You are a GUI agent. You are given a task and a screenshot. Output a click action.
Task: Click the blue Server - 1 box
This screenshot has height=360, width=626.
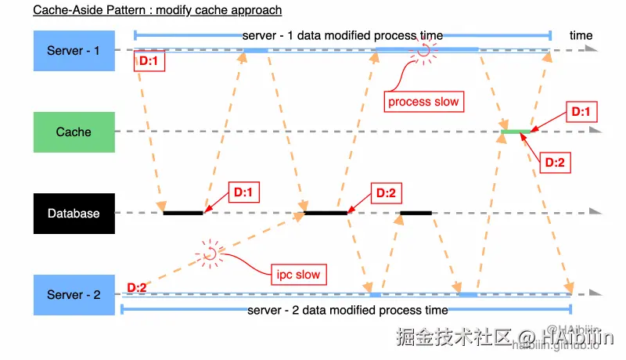(74, 50)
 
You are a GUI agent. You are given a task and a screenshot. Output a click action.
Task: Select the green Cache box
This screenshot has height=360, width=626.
(74, 131)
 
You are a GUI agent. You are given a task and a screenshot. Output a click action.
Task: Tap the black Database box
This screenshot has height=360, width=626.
(74, 213)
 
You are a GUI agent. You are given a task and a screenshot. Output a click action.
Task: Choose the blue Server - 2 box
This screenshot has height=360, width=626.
(74, 294)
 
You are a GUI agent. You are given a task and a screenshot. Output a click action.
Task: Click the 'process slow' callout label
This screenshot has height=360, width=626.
(423, 102)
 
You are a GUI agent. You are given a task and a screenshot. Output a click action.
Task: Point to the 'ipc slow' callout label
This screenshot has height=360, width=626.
(297, 275)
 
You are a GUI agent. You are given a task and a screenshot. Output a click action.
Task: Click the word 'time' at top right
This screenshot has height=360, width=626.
(581, 35)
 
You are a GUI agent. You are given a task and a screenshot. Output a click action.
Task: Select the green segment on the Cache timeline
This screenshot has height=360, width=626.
(516, 131)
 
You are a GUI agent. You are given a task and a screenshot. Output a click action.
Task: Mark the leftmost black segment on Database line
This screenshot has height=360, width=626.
(183, 212)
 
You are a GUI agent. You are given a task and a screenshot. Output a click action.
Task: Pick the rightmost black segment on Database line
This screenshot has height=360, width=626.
(416, 212)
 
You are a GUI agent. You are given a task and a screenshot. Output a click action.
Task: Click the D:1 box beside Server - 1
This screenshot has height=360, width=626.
(149, 61)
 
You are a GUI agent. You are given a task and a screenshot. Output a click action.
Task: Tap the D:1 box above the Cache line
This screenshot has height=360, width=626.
(580, 112)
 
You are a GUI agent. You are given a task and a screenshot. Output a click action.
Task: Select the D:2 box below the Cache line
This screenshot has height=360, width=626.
(554, 162)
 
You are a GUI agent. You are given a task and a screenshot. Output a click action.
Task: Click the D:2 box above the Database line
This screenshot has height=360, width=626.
(387, 193)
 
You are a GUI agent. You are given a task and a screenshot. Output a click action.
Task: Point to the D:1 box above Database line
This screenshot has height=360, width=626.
(243, 191)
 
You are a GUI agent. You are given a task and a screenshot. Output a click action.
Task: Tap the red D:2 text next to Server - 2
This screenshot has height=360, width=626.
(136, 288)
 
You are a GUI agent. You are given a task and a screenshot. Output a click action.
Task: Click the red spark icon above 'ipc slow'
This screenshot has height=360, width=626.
(209, 253)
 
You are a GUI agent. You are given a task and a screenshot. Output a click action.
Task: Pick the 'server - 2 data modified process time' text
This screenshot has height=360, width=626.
(347, 311)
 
